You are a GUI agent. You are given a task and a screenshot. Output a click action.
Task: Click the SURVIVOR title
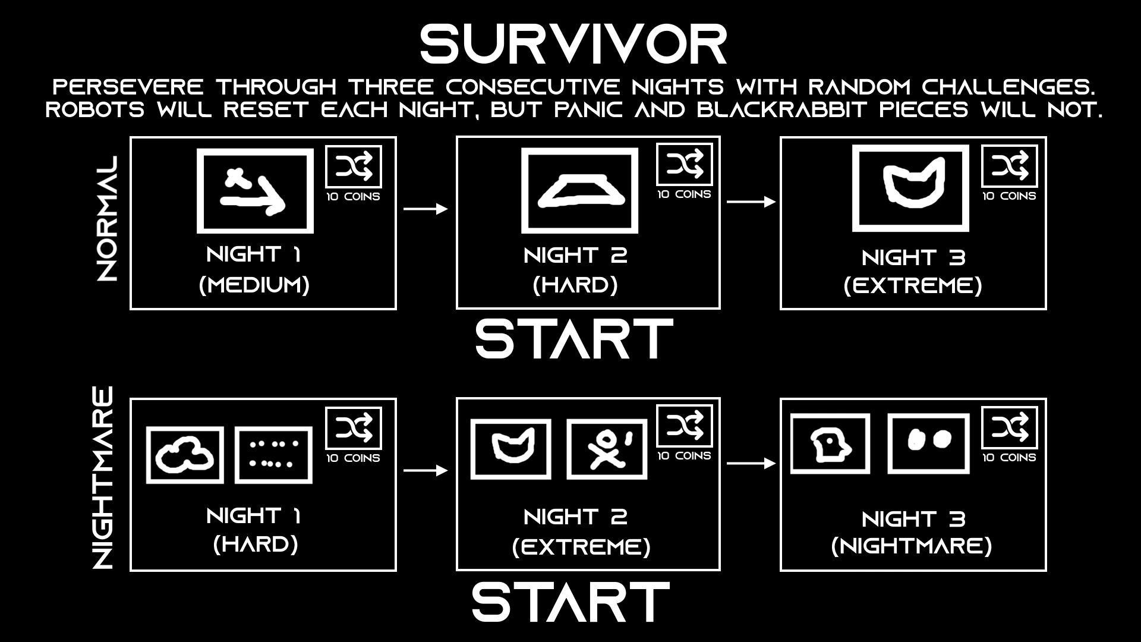[573, 45]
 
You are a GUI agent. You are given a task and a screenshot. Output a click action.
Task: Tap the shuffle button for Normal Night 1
[354, 166]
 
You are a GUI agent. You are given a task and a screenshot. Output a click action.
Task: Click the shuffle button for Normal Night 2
[684, 164]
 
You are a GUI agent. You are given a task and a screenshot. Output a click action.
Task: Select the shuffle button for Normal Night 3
[1009, 166]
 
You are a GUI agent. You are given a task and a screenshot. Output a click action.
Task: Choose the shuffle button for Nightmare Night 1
[354, 428]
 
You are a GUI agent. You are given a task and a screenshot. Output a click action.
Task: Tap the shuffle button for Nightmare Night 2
[684, 426]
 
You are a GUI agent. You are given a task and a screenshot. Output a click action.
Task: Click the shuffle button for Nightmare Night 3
[1009, 427]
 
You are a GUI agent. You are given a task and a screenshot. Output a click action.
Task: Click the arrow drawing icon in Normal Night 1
[255, 191]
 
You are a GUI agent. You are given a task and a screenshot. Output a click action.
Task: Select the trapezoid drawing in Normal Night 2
[579, 190]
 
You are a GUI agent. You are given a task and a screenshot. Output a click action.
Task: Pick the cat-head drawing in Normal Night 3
[910, 188]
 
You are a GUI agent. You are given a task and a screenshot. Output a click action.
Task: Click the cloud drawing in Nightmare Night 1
[185, 455]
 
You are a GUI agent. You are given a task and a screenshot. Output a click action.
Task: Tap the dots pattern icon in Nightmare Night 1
[273, 454]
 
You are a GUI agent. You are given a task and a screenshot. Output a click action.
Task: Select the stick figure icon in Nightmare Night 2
[607, 448]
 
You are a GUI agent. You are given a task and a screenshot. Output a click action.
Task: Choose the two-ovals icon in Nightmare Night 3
[928, 444]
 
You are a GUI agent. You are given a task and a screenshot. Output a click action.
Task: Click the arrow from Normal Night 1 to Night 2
[425, 209]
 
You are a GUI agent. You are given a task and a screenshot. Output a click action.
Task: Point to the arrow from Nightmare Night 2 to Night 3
[751, 464]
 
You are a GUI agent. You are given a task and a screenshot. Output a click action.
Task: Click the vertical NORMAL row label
[107, 219]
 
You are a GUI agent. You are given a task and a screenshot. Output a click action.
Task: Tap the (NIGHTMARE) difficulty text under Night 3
[912, 546]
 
